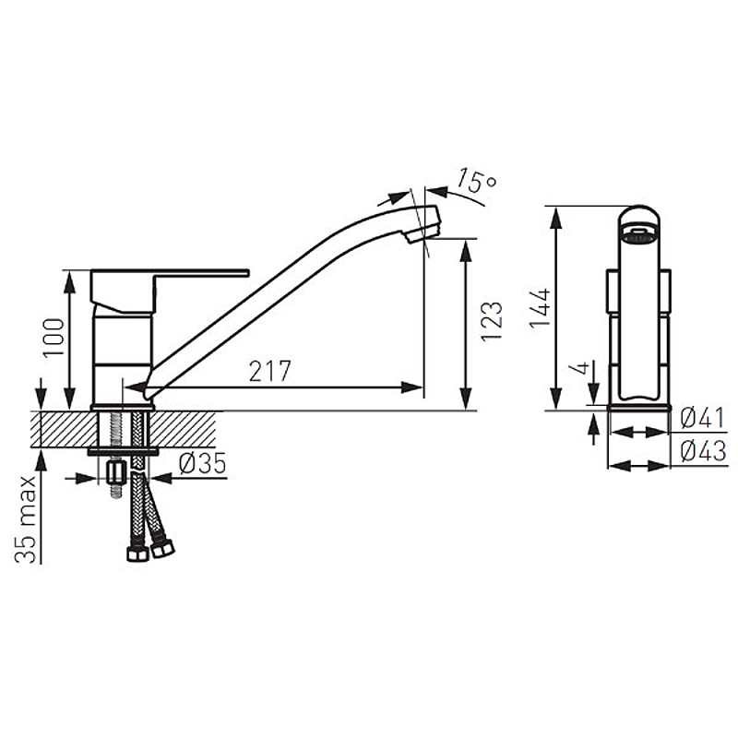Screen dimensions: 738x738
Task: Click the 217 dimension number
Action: coord(269,371)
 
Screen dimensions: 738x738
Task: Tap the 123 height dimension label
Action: coord(492,321)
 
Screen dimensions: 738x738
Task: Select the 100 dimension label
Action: coord(54,338)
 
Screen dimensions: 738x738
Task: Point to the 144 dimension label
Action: coord(540,308)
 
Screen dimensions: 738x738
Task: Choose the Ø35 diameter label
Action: coord(202,464)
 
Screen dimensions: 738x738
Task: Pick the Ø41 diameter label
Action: coord(703,418)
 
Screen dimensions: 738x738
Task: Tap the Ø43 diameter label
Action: coord(703,451)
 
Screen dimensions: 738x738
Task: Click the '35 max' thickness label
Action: coord(26,519)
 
